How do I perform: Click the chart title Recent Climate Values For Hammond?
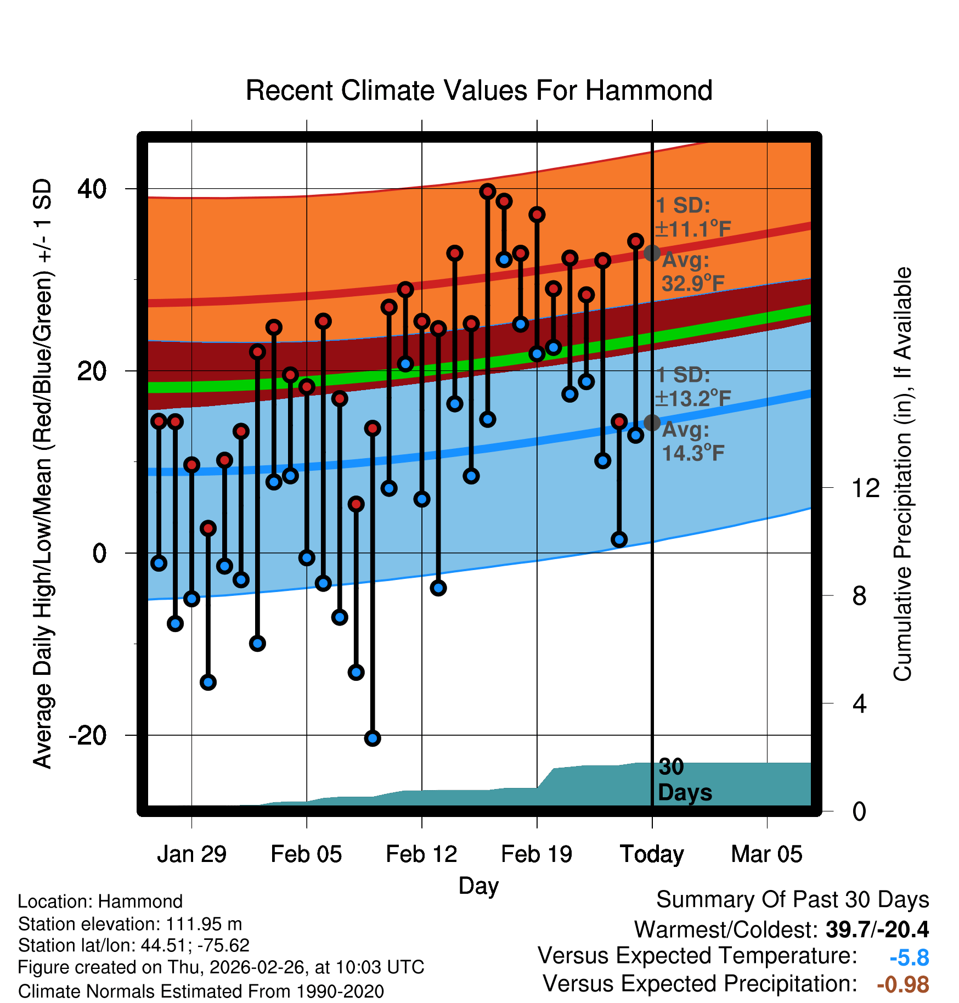pos(479,91)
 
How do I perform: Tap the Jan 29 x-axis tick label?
pos(191,854)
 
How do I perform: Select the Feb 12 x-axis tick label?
pos(421,854)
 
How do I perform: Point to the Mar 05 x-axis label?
pos(766,854)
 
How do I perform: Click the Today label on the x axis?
pos(652,854)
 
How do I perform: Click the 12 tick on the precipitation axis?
pos(865,488)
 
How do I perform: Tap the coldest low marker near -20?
pos(373,738)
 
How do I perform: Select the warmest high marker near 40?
pos(488,191)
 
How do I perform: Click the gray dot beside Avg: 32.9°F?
pos(652,253)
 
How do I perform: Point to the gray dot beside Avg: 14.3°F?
pos(652,422)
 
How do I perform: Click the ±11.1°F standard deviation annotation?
pos(693,229)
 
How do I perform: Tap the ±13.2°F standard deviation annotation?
pos(693,398)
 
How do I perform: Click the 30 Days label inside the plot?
pos(684,780)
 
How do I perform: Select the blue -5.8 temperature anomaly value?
pos(909,958)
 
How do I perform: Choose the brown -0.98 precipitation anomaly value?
pos(902,984)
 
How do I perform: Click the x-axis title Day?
pos(478,886)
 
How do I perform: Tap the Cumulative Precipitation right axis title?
pos(902,474)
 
